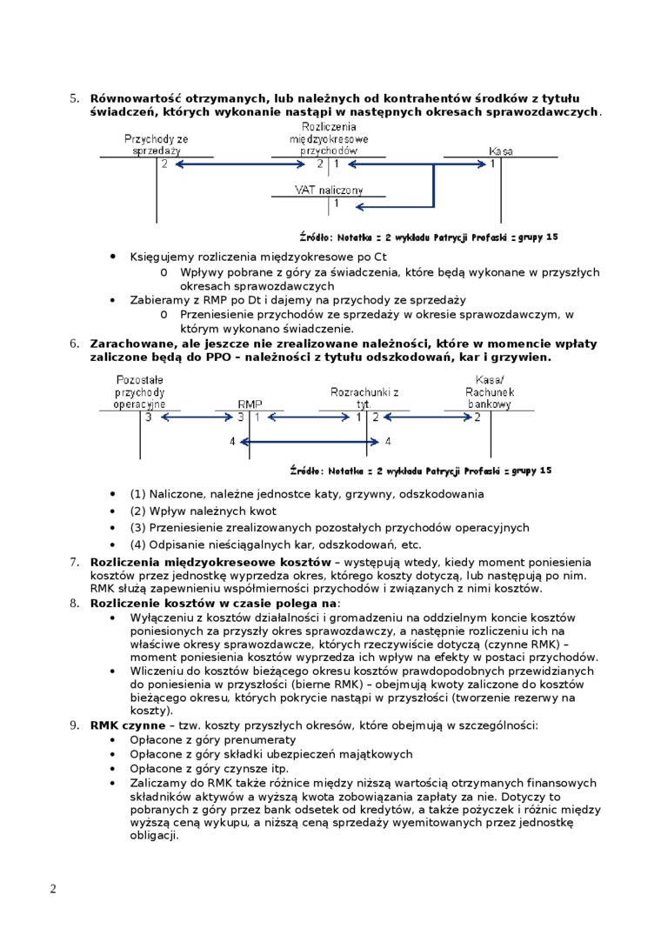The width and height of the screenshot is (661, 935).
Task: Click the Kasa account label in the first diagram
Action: [x=500, y=150]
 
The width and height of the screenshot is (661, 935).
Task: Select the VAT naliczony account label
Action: [x=329, y=190]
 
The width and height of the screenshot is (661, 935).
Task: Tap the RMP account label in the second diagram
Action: [x=250, y=404]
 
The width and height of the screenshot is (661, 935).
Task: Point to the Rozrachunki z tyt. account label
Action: [x=364, y=398]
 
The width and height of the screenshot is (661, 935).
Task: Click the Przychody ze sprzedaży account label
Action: [x=157, y=144]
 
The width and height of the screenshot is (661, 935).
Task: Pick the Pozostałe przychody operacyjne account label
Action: [x=140, y=392]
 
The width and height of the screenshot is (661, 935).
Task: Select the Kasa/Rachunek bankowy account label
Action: [x=490, y=392]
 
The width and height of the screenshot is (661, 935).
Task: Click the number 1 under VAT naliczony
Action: [x=337, y=204]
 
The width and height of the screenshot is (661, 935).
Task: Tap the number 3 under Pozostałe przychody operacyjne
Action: [x=149, y=417]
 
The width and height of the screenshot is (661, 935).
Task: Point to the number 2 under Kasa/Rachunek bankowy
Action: [x=477, y=417]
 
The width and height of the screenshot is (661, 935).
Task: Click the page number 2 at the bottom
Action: [x=53, y=888]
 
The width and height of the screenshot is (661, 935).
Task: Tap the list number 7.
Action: [x=74, y=562]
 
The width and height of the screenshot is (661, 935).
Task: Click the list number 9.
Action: [x=74, y=725]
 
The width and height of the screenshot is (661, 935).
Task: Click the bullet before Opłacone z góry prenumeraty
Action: [x=113, y=739]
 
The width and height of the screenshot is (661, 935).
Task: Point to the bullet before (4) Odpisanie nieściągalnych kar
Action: [x=113, y=545]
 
